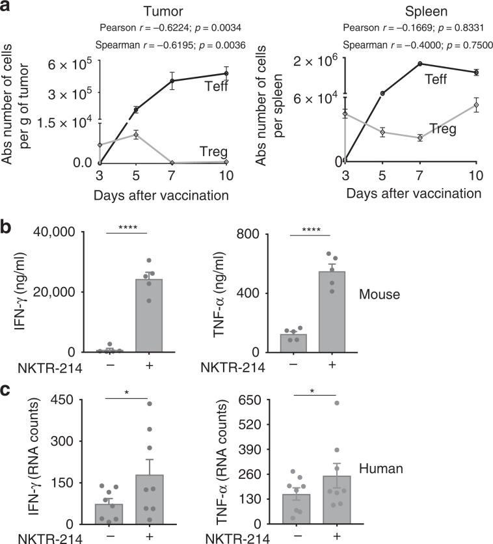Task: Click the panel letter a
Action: point(8,8)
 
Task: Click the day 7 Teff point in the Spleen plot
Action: point(420,64)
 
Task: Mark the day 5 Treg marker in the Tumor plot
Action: point(136,135)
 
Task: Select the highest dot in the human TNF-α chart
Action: point(337,403)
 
